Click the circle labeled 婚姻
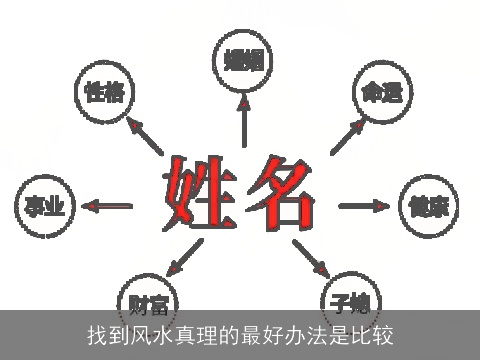pos(243,58)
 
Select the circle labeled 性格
pos(105,94)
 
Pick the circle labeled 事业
pos(44,206)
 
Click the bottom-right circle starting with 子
pos(348,298)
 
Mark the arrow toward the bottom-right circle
pos(311,259)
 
